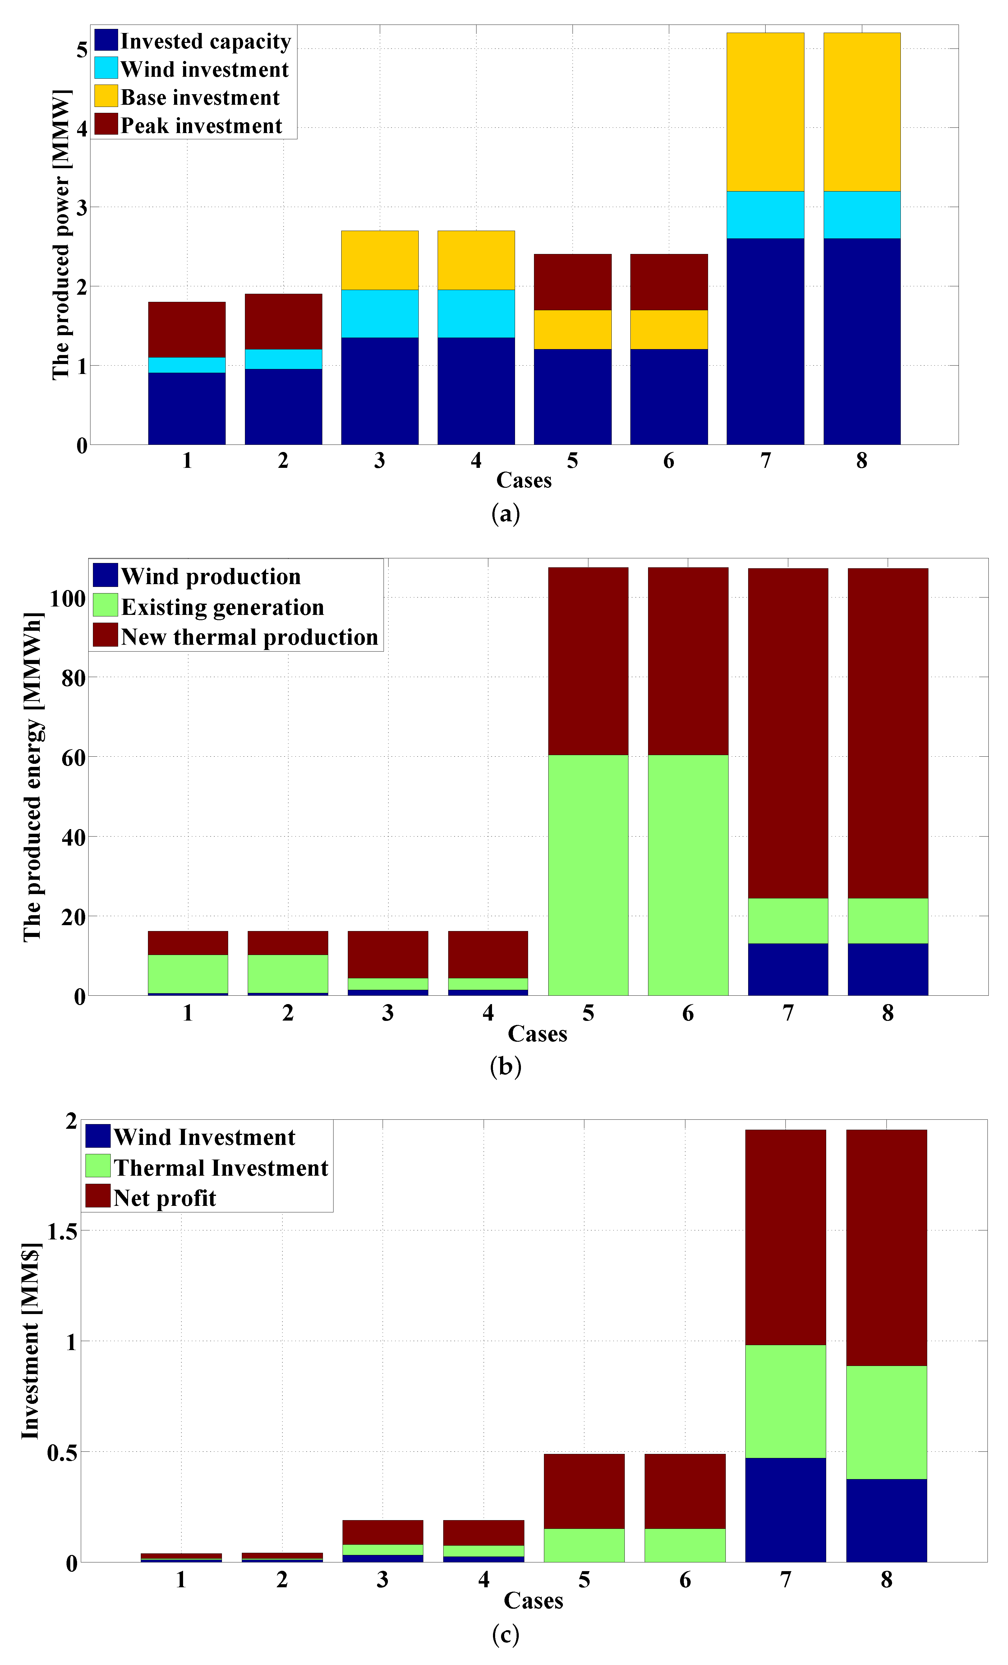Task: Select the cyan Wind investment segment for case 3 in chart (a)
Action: coord(380,314)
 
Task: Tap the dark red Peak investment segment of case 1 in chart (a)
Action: coord(186,330)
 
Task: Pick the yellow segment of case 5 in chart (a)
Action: coord(572,330)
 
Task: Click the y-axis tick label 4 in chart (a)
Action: coord(82,128)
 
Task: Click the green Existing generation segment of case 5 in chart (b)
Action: coord(588,875)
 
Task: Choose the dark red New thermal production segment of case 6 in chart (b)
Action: coord(688,661)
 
